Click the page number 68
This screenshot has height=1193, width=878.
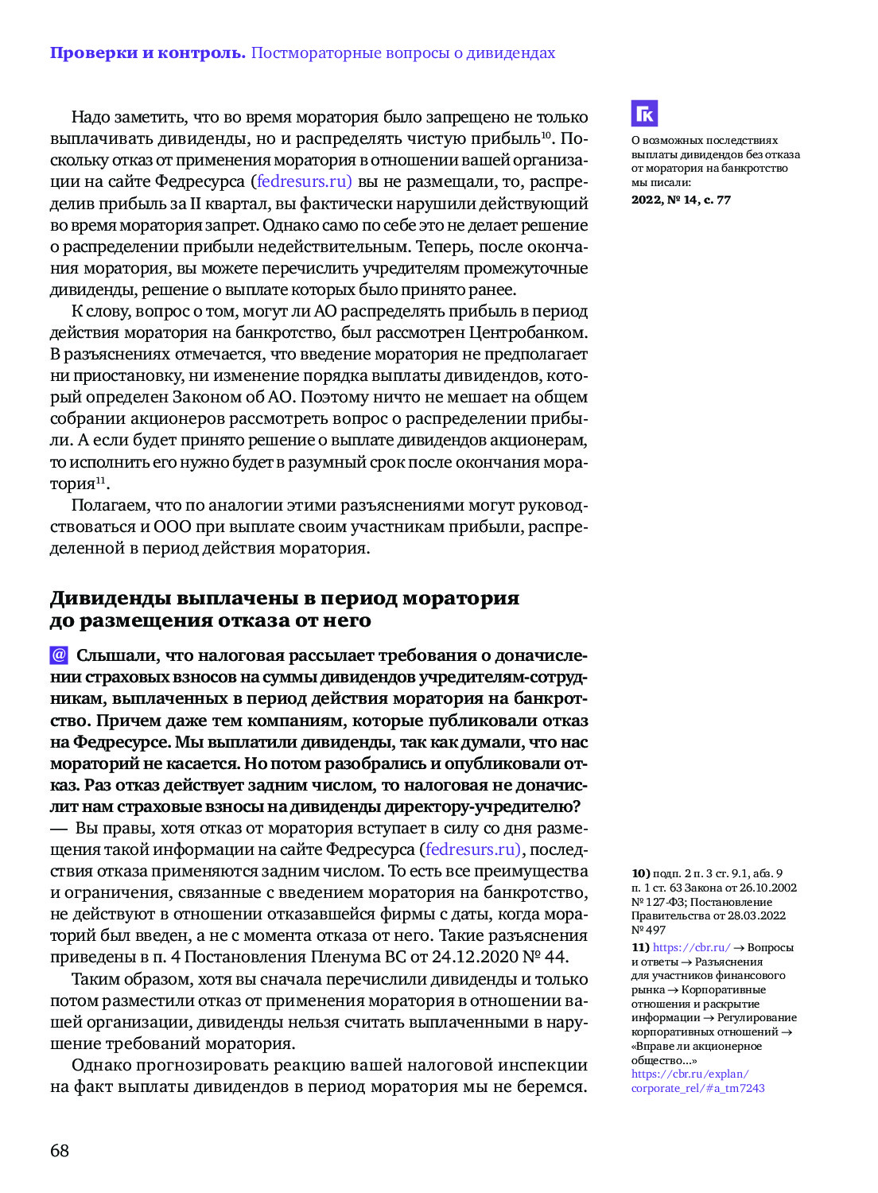coord(60,1150)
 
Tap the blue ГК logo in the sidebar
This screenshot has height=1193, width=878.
coord(644,114)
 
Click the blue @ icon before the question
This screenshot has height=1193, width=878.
coord(59,655)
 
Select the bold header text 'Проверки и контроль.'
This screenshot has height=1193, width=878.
coord(148,53)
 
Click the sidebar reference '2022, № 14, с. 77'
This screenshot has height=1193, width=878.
coord(681,200)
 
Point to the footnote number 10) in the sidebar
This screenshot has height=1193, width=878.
coord(640,873)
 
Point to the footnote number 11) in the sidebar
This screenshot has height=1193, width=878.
coord(640,947)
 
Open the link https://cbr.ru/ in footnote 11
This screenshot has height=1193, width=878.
coord(691,947)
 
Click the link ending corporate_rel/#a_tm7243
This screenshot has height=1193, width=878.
coord(697,1088)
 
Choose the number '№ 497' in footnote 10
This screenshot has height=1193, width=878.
coord(648,930)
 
